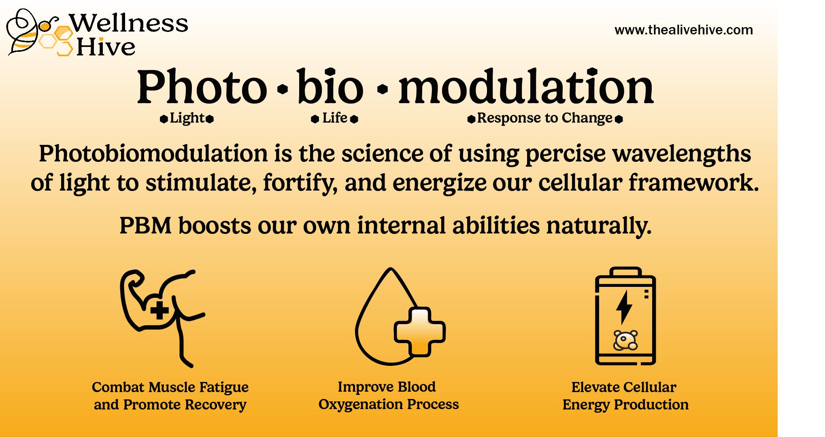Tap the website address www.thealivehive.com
click(683, 30)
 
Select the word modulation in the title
click(526, 86)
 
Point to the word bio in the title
click(330, 86)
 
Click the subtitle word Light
click(187, 118)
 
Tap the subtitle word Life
click(335, 118)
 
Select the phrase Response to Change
click(544, 118)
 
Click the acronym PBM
click(146, 225)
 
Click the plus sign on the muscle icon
click(159, 310)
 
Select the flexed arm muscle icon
click(162, 318)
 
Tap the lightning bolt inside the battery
click(624, 307)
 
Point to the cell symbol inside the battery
click(625, 340)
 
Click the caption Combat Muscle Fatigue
click(170, 387)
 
